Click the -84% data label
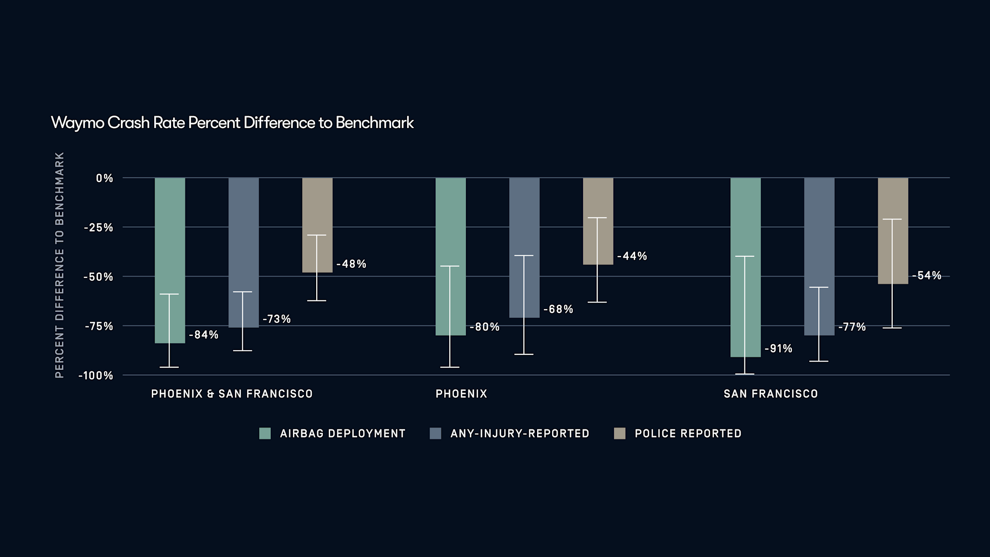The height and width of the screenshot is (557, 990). click(x=204, y=335)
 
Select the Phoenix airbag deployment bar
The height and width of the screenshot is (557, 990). click(x=451, y=242)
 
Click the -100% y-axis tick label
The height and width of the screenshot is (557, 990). click(x=96, y=375)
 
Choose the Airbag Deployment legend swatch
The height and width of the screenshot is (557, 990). click(x=265, y=433)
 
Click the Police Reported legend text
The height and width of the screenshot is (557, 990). click(x=688, y=433)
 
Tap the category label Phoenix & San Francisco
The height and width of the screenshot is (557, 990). click(x=232, y=394)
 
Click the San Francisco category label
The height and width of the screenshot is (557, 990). click(x=771, y=394)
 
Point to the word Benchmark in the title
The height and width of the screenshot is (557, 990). click(x=375, y=123)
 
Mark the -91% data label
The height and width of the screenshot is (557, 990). click(x=778, y=349)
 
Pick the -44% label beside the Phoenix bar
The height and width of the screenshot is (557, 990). click(x=632, y=256)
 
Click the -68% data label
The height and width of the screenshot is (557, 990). click(x=558, y=309)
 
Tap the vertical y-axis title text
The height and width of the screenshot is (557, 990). click(x=59, y=265)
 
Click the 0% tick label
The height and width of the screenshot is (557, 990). click(x=104, y=178)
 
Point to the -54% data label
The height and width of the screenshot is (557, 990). click(x=927, y=276)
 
